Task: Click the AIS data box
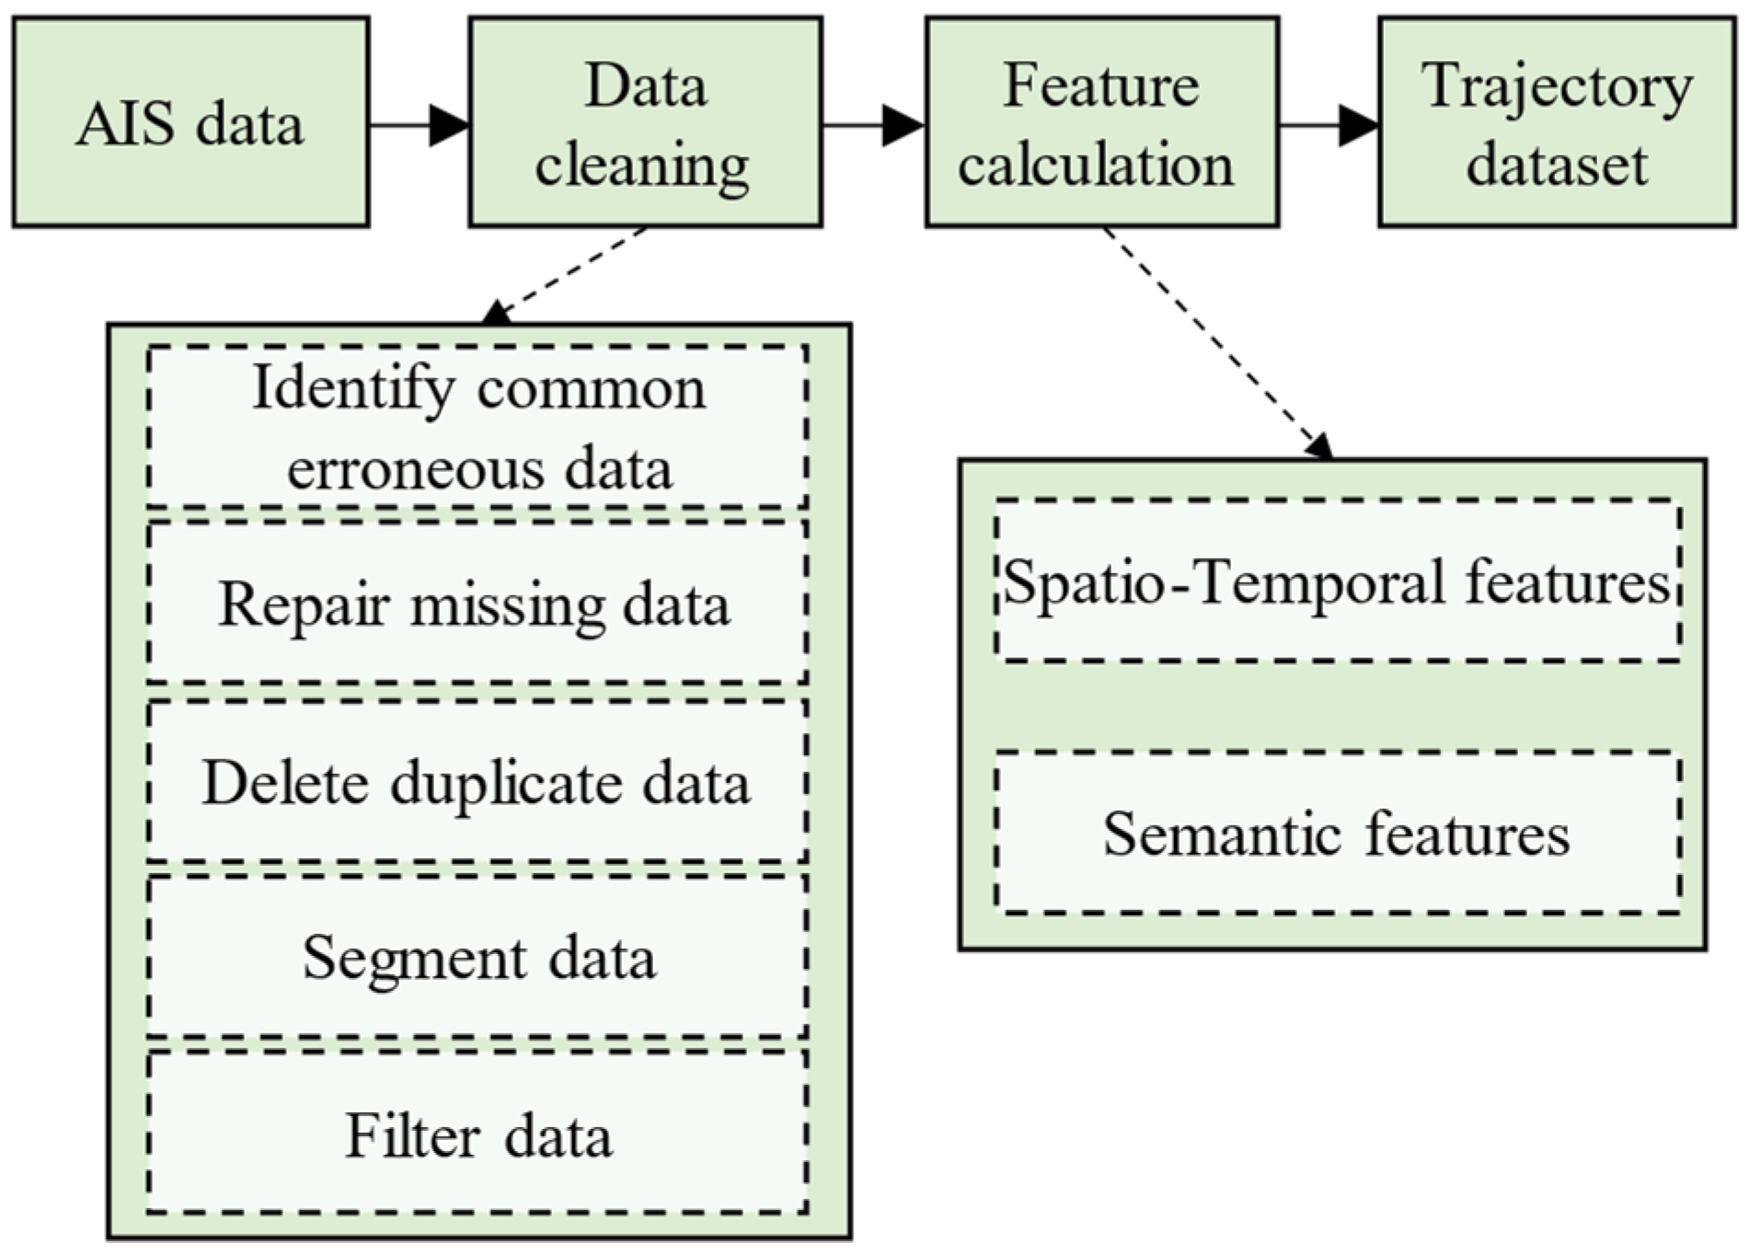(190, 122)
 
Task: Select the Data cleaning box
(645, 122)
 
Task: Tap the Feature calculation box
(1101, 122)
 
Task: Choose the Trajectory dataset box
(1556, 122)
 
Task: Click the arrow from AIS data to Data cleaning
(419, 124)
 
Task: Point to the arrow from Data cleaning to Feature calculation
(872, 124)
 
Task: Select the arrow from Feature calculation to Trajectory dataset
(1328, 124)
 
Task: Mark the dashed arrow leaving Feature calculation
(1215, 340)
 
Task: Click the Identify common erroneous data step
(478, 427)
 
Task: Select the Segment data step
(478, 958)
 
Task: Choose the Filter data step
(478, 1134)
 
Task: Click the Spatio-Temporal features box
(1337, 581)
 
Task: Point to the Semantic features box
(1337, 834)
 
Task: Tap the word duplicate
(508, 784)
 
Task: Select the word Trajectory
(1556, 87)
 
